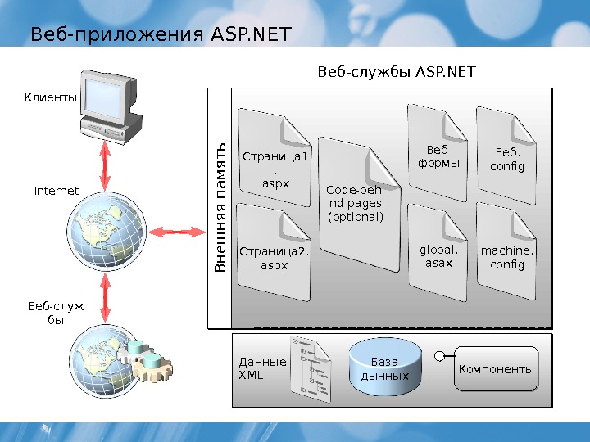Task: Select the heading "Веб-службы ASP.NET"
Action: [396, 73]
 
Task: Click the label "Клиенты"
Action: [50, 97]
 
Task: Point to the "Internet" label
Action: [56, 191]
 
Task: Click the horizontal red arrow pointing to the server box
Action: [176, 232]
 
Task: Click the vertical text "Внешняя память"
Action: [220, 208]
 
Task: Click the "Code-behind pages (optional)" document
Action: [356, 205]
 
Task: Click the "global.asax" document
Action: [438, 254]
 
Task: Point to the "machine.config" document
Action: [506, 254]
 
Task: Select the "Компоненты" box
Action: [497, 369]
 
